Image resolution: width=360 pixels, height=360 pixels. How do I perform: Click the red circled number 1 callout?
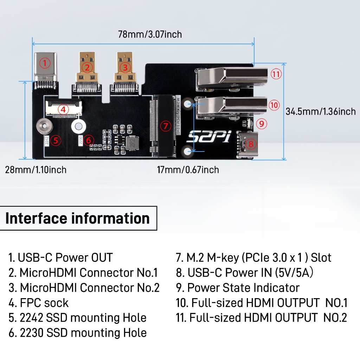pyautogui.click(x=44, y=63)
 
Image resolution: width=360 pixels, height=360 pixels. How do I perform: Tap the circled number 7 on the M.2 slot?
pyautogui.click(x=166, y=126)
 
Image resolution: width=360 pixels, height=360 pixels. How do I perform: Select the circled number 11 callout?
pyautogui.click(x=276, y=74)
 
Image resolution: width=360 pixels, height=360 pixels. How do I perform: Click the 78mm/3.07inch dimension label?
pyautogui.click(x=150, y=34)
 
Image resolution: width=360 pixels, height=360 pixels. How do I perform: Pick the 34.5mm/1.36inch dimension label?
pyautogui.click(x=320, y=112)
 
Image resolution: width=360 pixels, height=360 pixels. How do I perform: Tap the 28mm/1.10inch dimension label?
pyautogui.click(x=36, y=170)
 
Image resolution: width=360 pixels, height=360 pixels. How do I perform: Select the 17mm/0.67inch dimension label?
pyautogui.click(x=188, y=170)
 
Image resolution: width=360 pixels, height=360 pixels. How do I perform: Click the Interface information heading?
pyautogui.click(x=78, y=218)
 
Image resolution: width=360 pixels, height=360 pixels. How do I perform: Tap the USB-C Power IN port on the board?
pyautogui.click(x=247, y=144)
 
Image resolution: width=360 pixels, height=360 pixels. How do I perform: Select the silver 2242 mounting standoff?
pyautogui.click(x=43, y=125)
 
